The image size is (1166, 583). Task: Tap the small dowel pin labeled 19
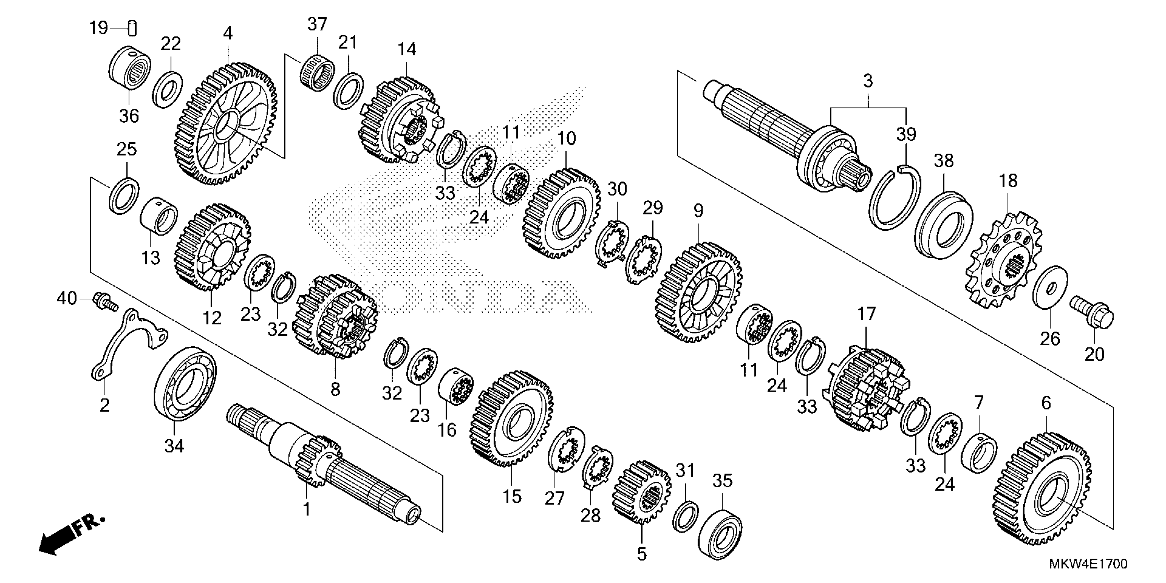pos(133,28)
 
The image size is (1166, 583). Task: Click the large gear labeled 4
pos(225,124)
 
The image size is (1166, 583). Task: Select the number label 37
pos(317,24)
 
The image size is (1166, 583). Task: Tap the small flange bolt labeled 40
pos(105,302)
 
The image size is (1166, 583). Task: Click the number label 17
pos(866,314)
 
